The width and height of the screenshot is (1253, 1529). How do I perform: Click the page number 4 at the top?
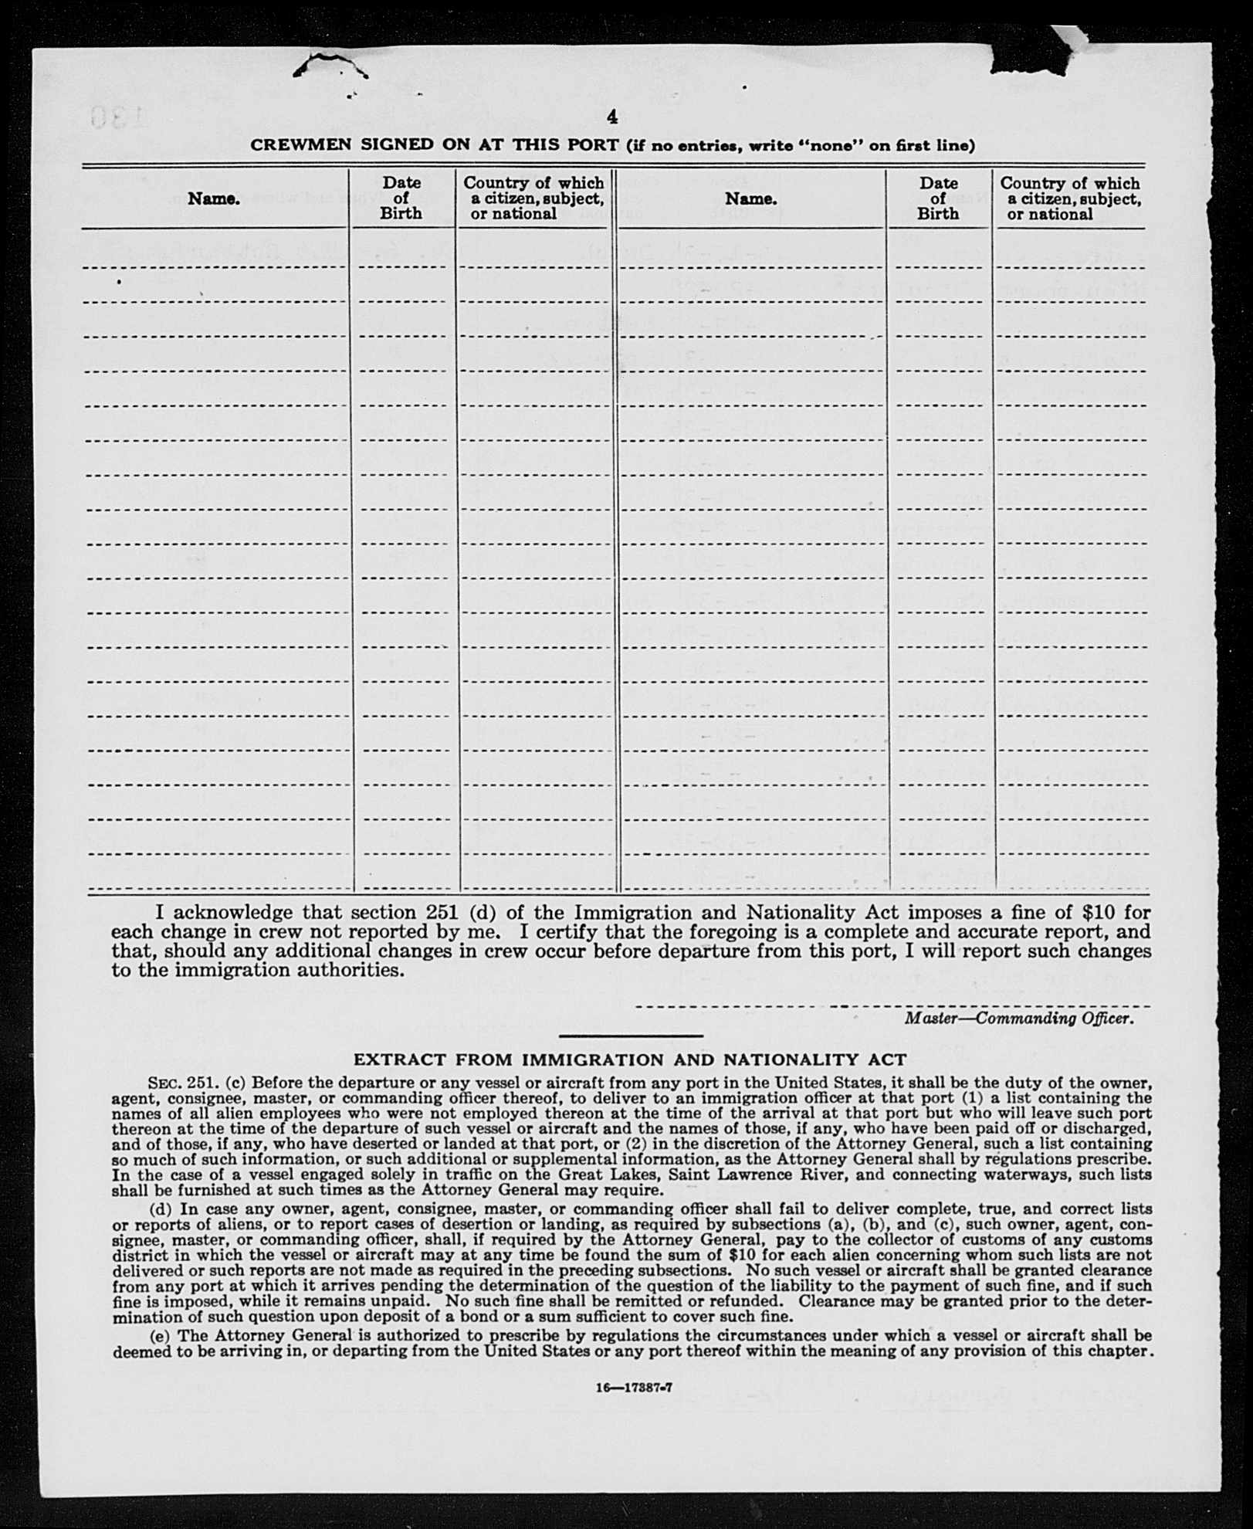pos(611,117)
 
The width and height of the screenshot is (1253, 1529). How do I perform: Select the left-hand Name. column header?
pos(214,198)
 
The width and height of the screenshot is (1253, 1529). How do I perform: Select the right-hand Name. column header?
pos(750,198)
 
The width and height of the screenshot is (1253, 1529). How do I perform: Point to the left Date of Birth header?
pos(401,198)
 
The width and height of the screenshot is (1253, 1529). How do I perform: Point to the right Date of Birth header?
pos(938,198)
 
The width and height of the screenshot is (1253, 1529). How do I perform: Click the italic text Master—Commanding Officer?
pos(1019,1019)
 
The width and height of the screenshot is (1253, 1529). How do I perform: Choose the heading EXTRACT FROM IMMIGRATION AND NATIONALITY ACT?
pos(629,1060)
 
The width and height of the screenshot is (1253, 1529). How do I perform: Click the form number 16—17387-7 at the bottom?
pos(634,1387)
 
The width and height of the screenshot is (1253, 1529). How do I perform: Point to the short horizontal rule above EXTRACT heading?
pos(630,1036)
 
